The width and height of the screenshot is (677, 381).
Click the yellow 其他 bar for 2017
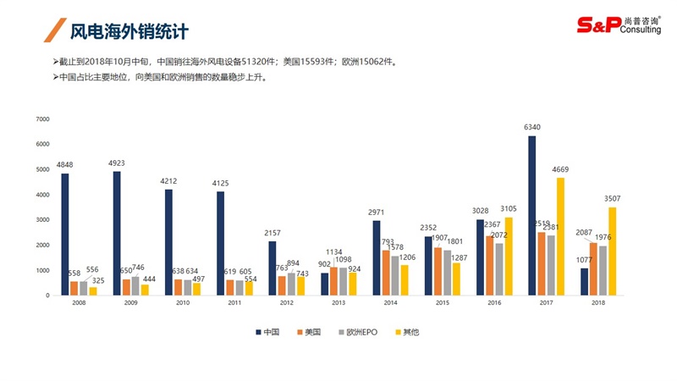point(561,236)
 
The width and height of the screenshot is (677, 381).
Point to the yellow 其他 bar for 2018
point(613,251)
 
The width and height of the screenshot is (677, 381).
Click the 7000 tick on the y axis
point(42,119)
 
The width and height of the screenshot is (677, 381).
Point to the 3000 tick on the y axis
point(42,220)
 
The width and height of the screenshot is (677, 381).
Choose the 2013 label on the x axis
point(338,301)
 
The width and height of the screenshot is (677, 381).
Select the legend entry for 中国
point(269,332)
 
